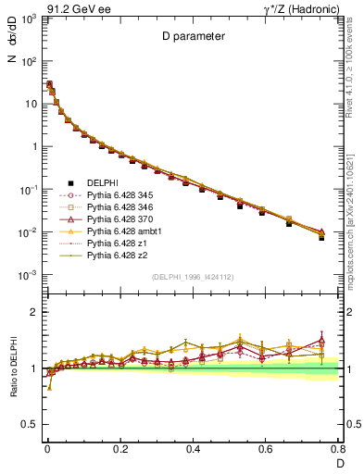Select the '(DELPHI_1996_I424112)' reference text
[194, 277]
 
